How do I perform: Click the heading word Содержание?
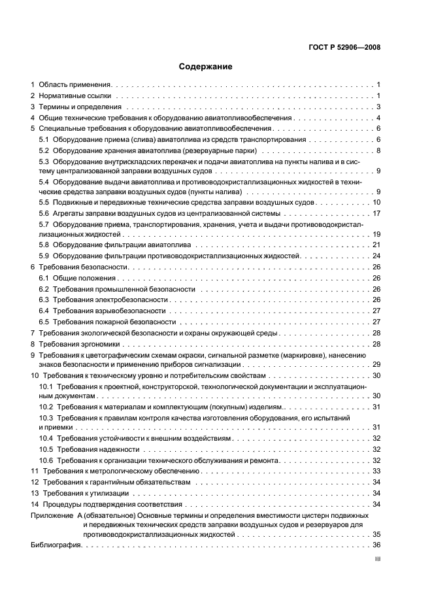coord(205,67)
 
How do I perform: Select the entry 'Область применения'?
coord(75,85)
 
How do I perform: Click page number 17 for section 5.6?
coord(376,214)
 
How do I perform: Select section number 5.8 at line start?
coord(44,245)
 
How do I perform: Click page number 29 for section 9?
coord(376,364)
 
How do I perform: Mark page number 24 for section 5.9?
coord(376,256)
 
